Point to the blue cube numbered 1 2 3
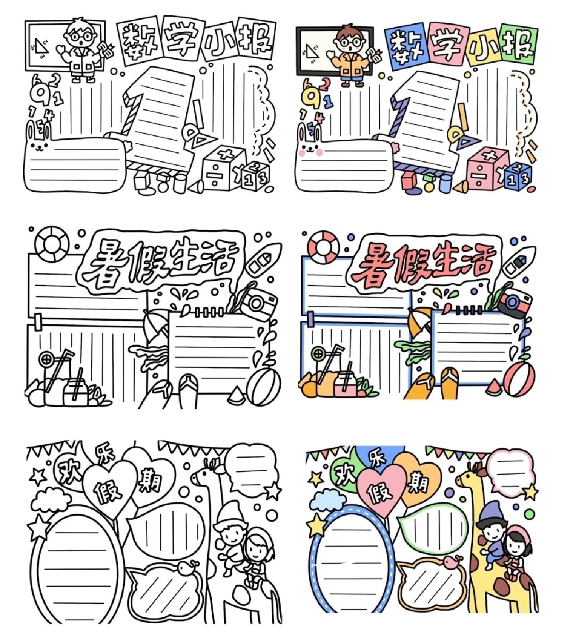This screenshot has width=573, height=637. coord(518,176)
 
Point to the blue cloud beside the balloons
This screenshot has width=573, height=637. coord(327,500)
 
